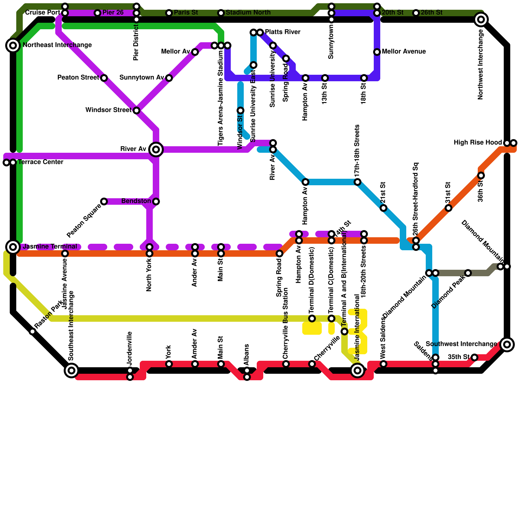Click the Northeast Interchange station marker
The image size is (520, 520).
coord(13,45)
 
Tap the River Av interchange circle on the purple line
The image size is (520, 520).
coord(156,149)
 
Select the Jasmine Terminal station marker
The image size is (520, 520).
coord(13,247)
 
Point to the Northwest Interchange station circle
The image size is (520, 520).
coord(481,19)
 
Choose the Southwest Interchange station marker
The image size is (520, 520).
coord(507,344)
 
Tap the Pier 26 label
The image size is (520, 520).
coord(113,13)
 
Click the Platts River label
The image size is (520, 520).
coord(283,32)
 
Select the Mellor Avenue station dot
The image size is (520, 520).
coord(377,52)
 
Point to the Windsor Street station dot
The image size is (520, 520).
coord(136,110)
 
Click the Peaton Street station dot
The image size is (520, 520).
coord(104,78)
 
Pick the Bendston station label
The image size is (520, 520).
coord(136,201)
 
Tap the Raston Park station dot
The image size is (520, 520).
coord(32,331)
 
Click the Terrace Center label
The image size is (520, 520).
coord(40,162)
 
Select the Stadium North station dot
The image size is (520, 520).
coord(221,13)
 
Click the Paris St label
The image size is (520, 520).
coord(186,13)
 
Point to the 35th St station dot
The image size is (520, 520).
coord(474,357)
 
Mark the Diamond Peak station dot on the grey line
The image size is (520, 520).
coord(468,273)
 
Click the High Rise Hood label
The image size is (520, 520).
coord(478,143)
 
